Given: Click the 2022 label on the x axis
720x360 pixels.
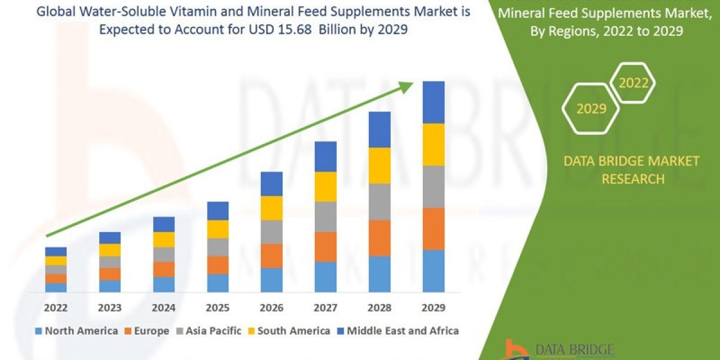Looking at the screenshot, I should (55, 308).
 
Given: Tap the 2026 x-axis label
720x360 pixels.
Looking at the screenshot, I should (271, 308).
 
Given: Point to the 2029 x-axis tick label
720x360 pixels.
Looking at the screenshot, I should (433, 308).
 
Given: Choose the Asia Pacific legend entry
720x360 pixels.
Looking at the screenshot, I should (211, 331).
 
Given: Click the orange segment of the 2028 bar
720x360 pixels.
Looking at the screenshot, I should (379, 238).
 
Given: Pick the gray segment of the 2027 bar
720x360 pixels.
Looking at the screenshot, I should (325, 217).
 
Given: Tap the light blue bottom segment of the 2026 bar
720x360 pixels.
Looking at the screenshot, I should (271, 280).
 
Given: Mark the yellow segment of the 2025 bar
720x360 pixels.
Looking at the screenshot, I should (218, 229).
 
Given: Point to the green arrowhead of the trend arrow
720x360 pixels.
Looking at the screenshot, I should (406, 87).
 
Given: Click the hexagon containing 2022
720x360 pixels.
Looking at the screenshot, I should (632, 83).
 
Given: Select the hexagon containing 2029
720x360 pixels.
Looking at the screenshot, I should (590, 109).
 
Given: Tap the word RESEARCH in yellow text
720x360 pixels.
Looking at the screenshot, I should (632, 179).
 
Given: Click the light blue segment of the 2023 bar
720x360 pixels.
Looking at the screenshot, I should (110, 286).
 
